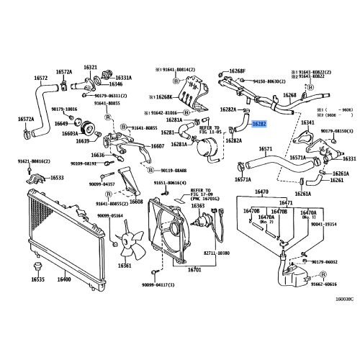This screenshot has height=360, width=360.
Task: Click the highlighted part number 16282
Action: [x=259, y=124]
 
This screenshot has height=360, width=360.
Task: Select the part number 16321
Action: [x=90, y=66]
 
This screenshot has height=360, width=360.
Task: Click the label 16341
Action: [x=307, y=123]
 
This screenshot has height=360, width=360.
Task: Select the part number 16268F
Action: [x=238, y=71]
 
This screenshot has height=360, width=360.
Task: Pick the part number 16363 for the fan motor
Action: [x=197, y=205]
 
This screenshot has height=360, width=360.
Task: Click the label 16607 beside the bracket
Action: [x=157, y=146]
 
